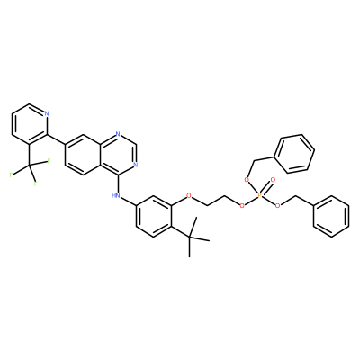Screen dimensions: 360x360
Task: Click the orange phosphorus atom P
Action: [260, 195]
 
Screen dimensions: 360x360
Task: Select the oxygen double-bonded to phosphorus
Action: [273, 180]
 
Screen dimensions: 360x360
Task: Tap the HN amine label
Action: [115, 195]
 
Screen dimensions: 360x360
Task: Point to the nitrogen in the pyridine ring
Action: [47, 113]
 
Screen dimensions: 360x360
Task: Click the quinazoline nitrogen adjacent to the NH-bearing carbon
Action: [136, 165]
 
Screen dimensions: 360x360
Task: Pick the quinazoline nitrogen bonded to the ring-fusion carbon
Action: [118, 134]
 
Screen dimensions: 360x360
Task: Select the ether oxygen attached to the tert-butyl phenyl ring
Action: [189, 195]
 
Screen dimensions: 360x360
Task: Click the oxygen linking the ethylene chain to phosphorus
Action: [242, 206]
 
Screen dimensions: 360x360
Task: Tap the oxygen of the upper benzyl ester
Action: [247, 180]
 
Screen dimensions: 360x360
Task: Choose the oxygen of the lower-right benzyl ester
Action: [278, 206]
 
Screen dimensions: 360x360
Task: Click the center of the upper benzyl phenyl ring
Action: [294, 154]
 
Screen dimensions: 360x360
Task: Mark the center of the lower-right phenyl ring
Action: [331, 216]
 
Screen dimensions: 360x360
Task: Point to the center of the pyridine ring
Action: [30, 124]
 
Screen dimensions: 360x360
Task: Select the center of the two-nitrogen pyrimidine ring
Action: [118, 155]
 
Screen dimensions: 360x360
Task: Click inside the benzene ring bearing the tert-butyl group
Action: [154, 216]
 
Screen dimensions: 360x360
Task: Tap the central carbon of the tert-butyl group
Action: [189, 237]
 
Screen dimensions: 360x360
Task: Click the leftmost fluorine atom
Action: [12, 175]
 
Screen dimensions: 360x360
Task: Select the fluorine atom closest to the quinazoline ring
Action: [48, 161]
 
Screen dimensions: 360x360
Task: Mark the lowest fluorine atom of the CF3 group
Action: [35, 184]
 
